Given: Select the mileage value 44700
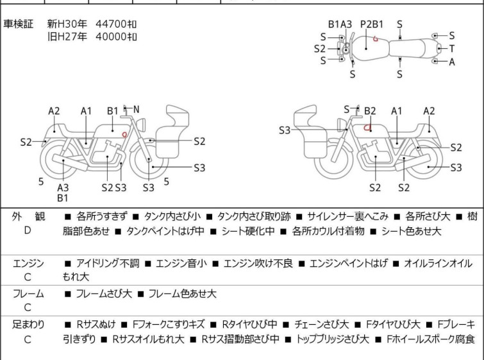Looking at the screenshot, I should [110, 24].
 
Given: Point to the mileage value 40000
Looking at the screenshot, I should [110, 37].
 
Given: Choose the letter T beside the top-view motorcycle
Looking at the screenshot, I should [451, 49].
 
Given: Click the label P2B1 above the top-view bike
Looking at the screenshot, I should [372, 24].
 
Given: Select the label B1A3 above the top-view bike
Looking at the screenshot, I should [340, 24].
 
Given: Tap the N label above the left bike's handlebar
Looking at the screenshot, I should [136, 110].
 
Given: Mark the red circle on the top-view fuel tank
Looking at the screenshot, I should [376, 39].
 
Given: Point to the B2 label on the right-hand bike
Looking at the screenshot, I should [370, 111].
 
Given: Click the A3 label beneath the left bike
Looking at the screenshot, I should [63, 187].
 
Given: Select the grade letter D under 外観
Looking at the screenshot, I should [28, 230].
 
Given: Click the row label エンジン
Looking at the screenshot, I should [28, 263].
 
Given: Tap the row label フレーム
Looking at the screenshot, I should [28, 294].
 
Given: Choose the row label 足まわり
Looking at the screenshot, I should [28, 325].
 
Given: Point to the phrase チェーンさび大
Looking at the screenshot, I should [322, 325].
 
